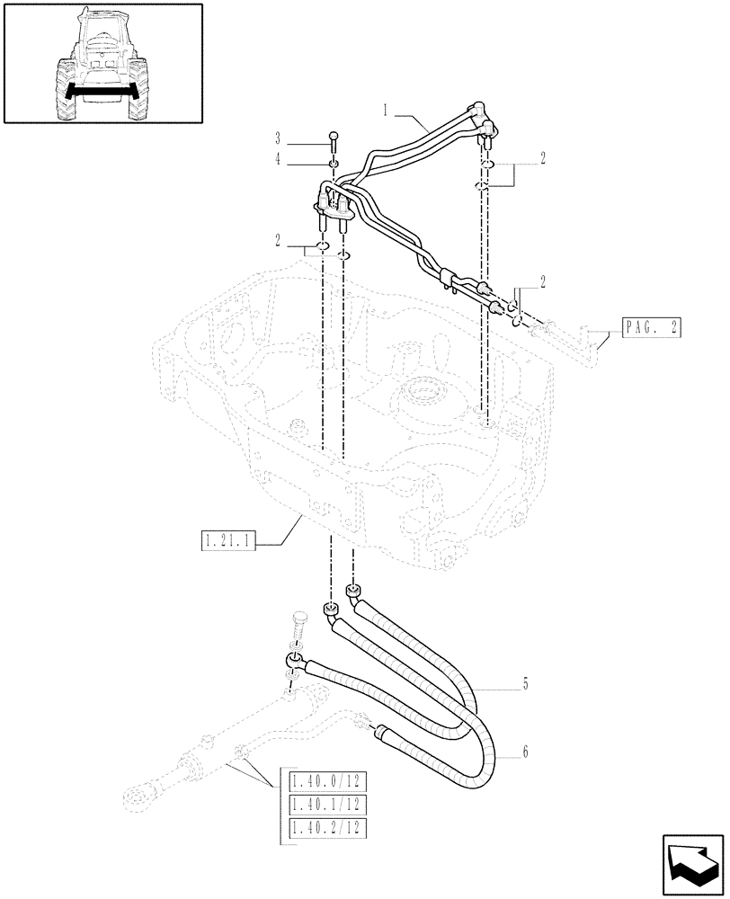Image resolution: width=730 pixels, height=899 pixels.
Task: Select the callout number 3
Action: point(279,138)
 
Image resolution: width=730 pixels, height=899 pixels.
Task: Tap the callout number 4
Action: point(279,159)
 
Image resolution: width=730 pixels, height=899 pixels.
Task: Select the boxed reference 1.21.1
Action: point(228,542)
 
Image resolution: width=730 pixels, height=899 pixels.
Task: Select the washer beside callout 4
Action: point(334,164)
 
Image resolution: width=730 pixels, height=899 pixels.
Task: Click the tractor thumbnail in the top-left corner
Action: point(102,65)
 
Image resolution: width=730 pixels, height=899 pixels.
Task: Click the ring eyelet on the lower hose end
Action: point(294,663)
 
